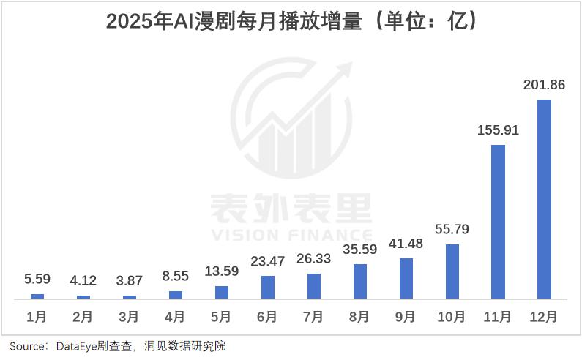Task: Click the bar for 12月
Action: click(544, 198)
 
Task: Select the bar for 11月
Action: click(498, 221)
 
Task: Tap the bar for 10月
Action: click(452, 271)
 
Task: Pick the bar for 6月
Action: click(267, 287)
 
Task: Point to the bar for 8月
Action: click(359, 281)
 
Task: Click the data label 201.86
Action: click(544, 86)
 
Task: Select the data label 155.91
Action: click(498, 131)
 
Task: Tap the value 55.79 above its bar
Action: click(452, 230)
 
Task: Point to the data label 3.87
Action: click(129, 281)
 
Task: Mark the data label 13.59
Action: click(221, 271)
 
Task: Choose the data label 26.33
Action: click(313, 259)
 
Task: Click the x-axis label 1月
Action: click(37, 318)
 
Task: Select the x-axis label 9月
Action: click(406, 318)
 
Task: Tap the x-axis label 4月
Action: click(175, 318)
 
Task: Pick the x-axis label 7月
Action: click(313, 318)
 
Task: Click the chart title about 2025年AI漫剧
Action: click(291, 21)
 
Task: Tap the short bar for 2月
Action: click(83, 296)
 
